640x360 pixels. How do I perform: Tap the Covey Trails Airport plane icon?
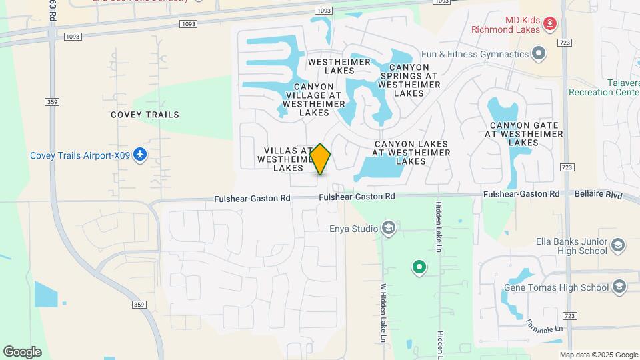[139, 155]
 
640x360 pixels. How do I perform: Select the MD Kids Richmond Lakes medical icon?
[550, 25]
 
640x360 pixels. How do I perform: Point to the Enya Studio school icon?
[389, 229]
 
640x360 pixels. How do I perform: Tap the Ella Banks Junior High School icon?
[618, 245]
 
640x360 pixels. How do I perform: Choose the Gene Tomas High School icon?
[619, 287]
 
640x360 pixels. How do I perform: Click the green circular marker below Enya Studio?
[419, 268]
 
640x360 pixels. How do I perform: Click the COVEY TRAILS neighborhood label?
[145, 115]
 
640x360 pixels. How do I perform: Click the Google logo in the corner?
[22, 352]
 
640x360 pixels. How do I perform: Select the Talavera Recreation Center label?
[604, 87]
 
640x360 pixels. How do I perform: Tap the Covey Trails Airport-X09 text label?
[79, 156]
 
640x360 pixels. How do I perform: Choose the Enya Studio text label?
[354, 229]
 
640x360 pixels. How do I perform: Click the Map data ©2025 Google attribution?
[599, 355]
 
